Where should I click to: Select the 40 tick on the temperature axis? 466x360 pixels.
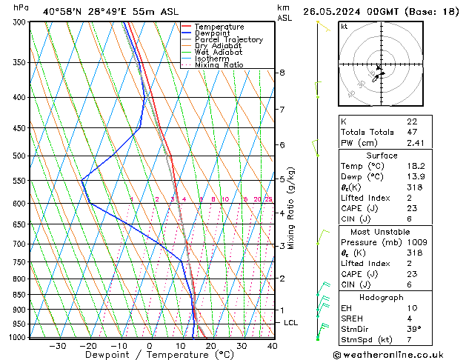(x=272, y=346)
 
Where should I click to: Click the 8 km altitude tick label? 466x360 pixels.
(x=282, y=73)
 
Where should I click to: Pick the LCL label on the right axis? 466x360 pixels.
(x=290, y=323)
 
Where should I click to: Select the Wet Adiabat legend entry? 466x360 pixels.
(x=219, y=53)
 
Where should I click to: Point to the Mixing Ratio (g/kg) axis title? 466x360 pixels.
(x=292, y=208)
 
